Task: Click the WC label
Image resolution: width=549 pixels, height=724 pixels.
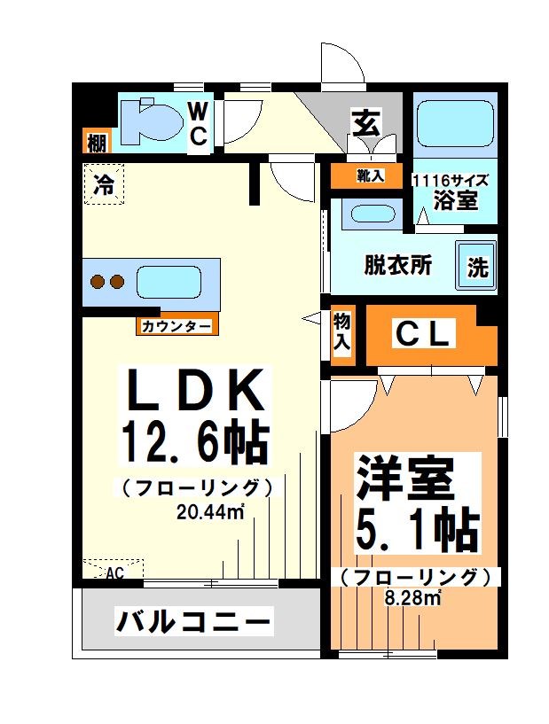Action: point(199,123)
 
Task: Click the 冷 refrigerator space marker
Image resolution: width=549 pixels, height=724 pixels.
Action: point(105,185)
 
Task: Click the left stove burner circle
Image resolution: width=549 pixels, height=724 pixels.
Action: point(97,283)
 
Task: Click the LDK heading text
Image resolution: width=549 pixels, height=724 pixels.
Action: point(194,389)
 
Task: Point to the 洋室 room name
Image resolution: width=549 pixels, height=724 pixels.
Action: point(405,479)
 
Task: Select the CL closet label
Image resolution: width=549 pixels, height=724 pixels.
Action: point(424,334)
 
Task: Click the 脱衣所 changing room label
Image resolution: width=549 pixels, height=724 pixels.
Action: point(398,265)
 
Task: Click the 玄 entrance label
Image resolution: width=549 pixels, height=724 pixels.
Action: point(365,123)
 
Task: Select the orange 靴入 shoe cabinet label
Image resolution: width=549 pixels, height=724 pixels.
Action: point(369,175)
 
